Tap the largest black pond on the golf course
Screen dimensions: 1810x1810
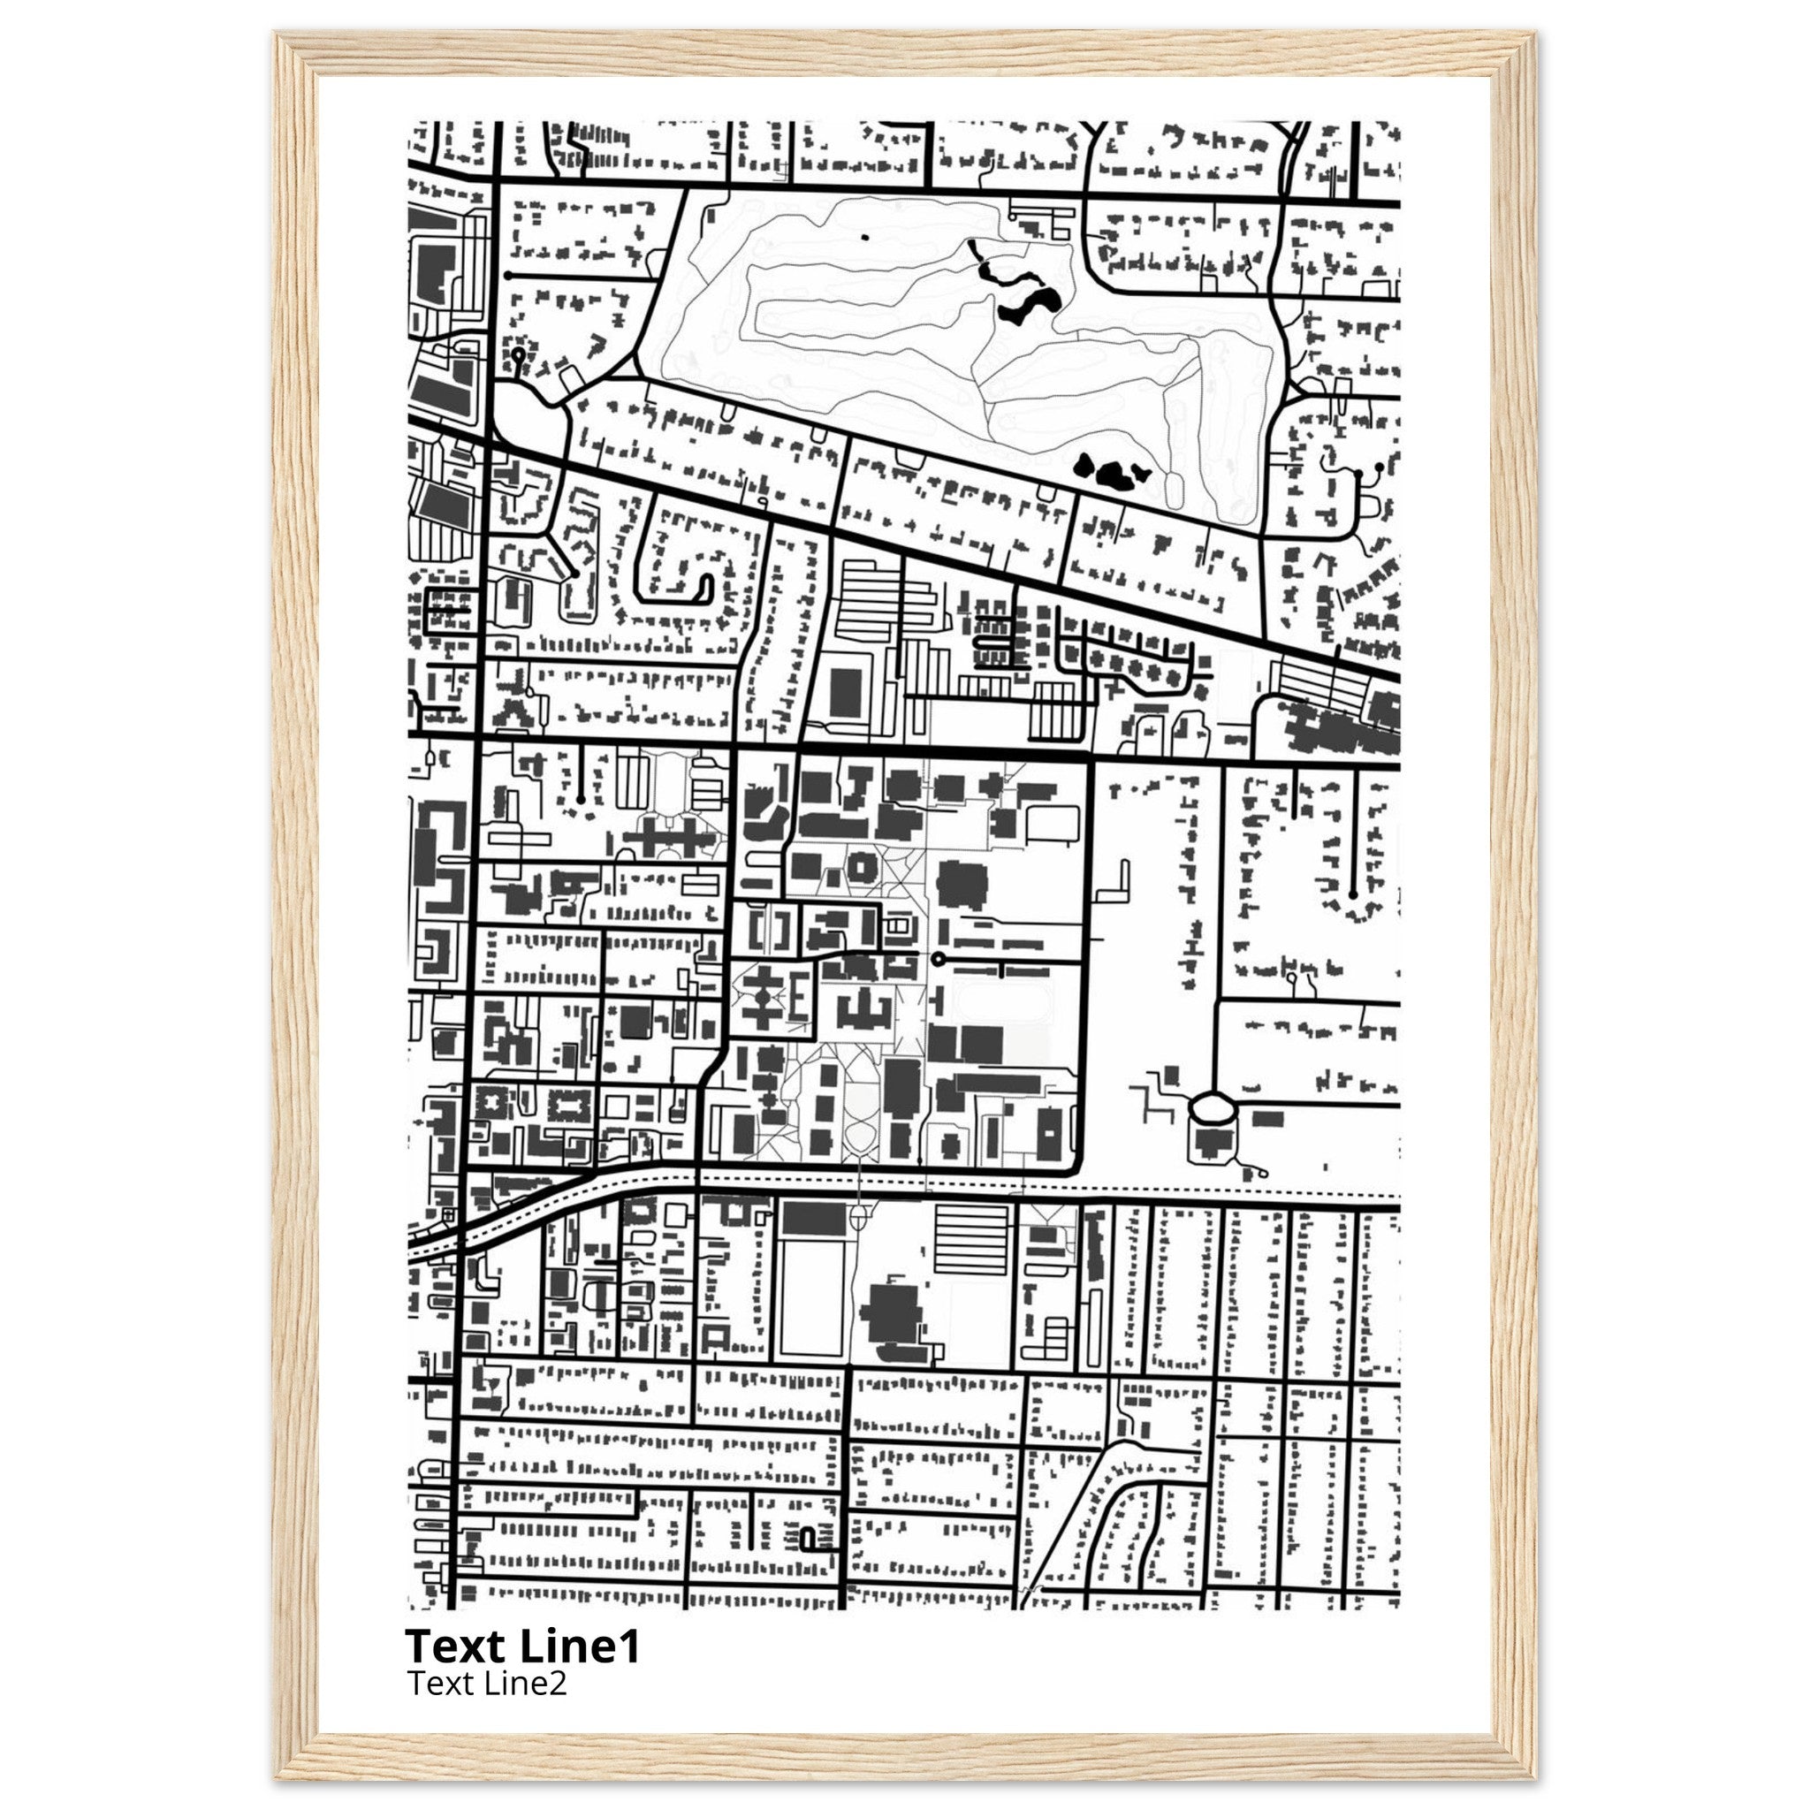point(1028,306)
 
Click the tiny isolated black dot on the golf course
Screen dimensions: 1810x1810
point(864,237)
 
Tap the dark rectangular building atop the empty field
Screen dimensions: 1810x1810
point(813,1219)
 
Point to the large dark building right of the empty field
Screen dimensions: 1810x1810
point(891,1312)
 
